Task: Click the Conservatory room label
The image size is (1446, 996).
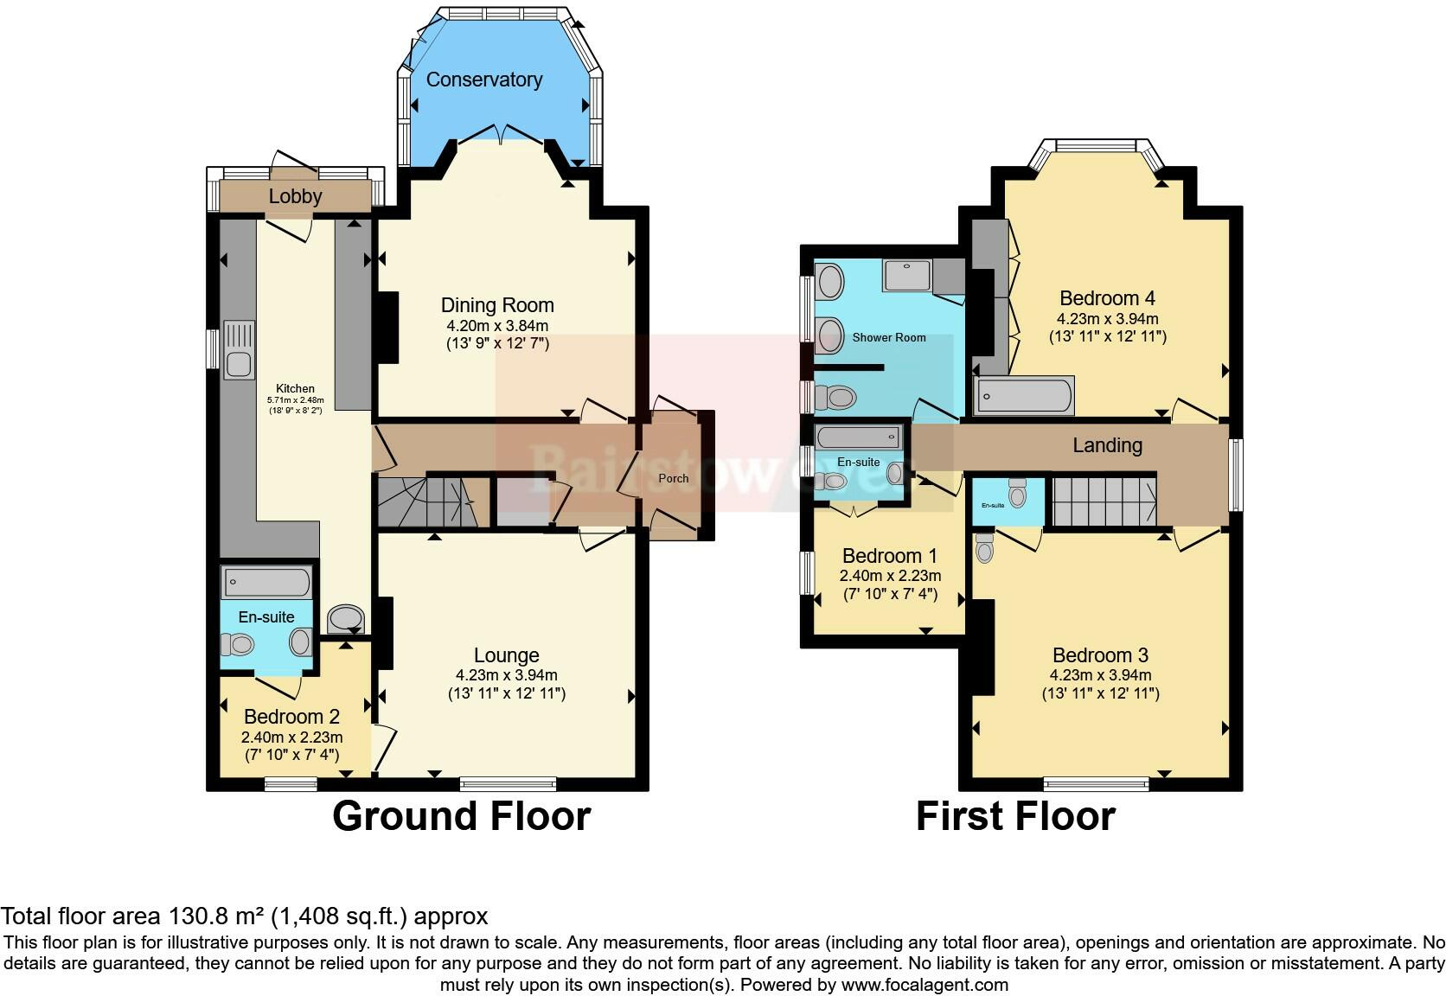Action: tap(483, 80)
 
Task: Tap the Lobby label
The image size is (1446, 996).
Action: tap(295, 196)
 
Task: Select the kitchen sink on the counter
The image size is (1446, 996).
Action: tap(239, 349)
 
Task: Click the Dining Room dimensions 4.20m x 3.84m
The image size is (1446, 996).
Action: tap(497, 326)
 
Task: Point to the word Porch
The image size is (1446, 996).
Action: tap(674, 478)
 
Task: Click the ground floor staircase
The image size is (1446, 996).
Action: tap(425, 503)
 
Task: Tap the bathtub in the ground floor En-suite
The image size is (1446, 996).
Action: tap(266, 582)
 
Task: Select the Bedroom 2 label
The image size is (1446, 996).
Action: tap(291, 717)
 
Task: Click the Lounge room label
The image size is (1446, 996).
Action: tap(506, 655)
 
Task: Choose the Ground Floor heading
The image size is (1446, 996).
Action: tap(461, 816)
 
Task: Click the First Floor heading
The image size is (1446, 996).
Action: tap(1015, 816)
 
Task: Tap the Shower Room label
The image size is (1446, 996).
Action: tap(889, 337)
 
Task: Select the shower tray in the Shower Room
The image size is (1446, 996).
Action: tap(907, 275)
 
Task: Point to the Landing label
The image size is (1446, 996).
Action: tap(1107, 445)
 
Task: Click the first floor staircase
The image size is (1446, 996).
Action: tap(1104, 501)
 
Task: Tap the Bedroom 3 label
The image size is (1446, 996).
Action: tap(1100, 655)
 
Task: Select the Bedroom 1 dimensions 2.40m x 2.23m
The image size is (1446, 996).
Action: tap(890, 576)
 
